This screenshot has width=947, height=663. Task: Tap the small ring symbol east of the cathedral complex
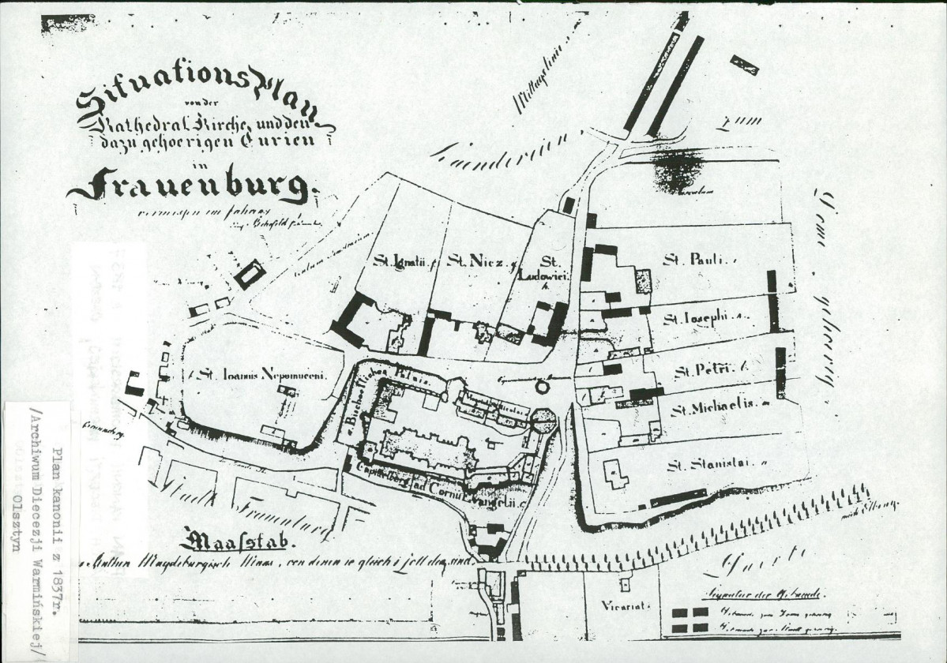coord(542,388)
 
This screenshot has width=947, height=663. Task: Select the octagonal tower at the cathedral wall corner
coord(544,418)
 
